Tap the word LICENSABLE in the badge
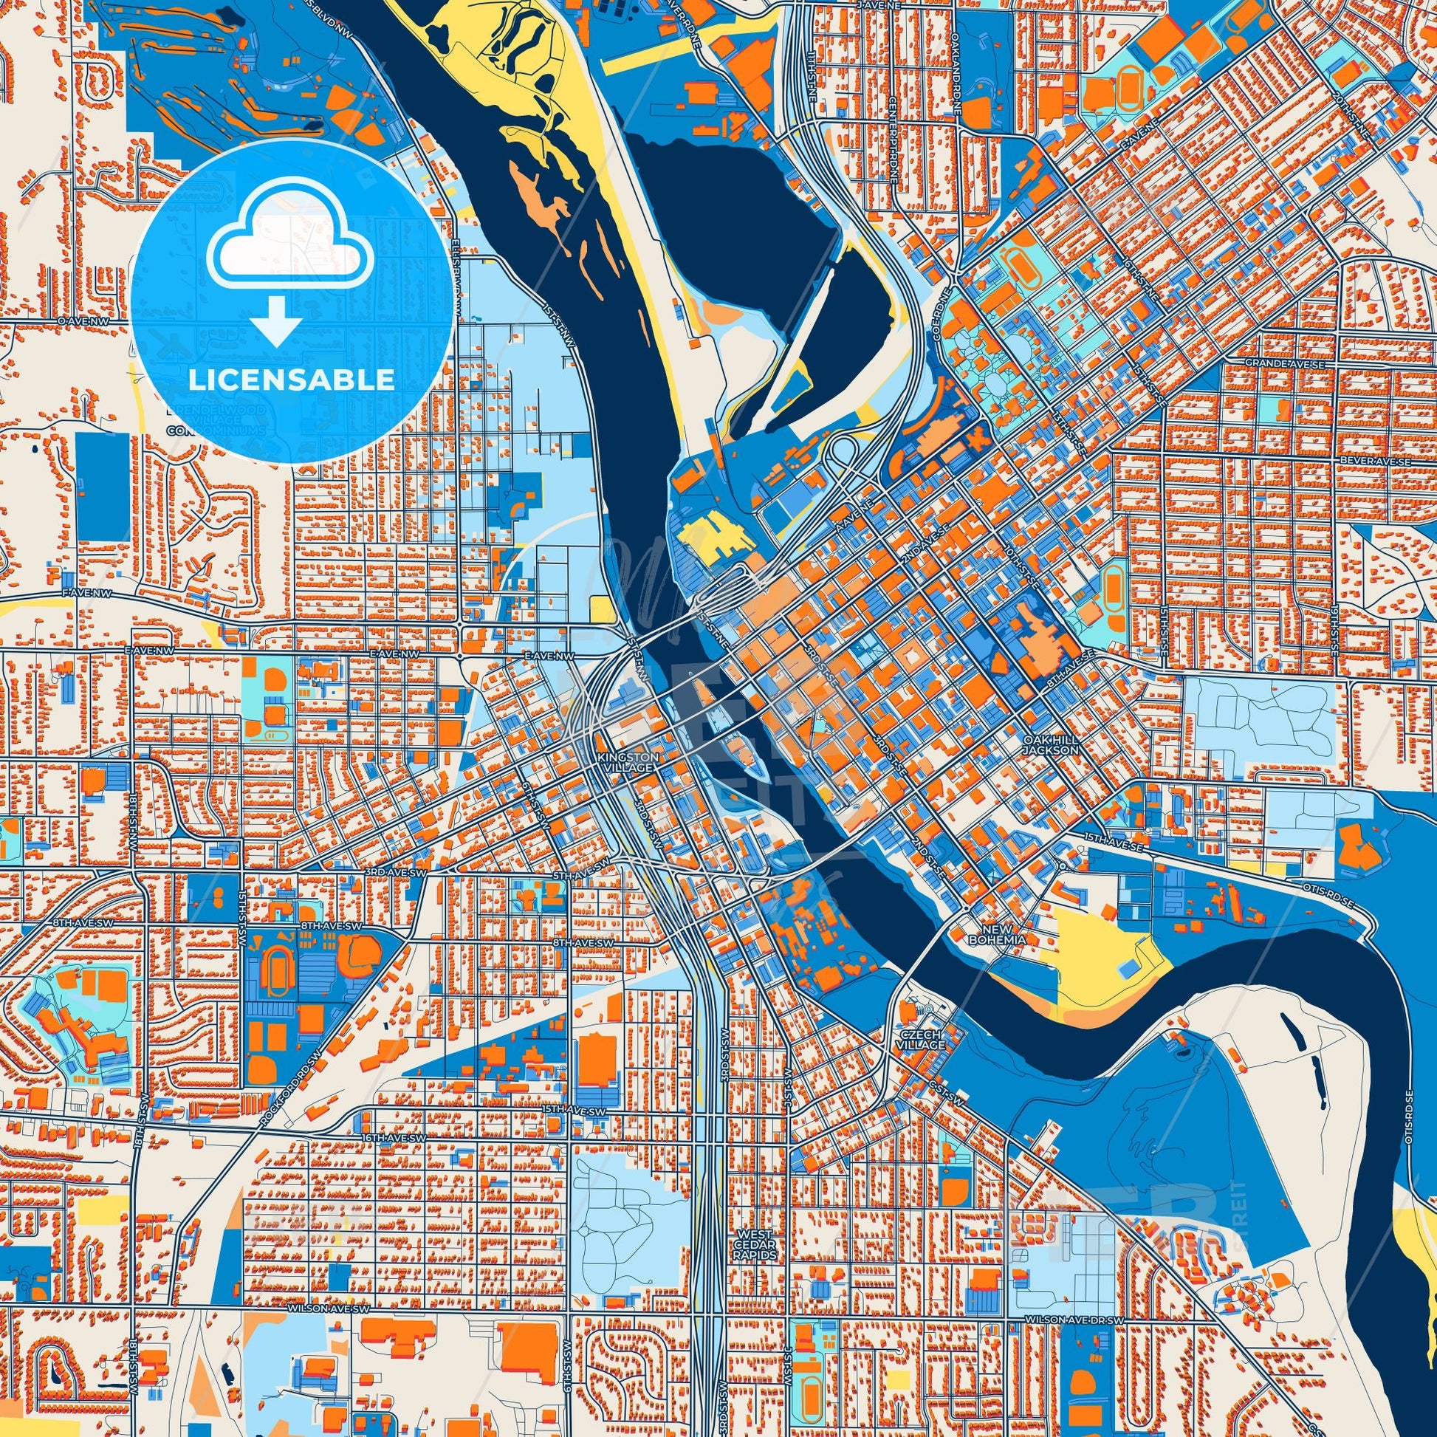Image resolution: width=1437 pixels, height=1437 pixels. pos(291,381)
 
